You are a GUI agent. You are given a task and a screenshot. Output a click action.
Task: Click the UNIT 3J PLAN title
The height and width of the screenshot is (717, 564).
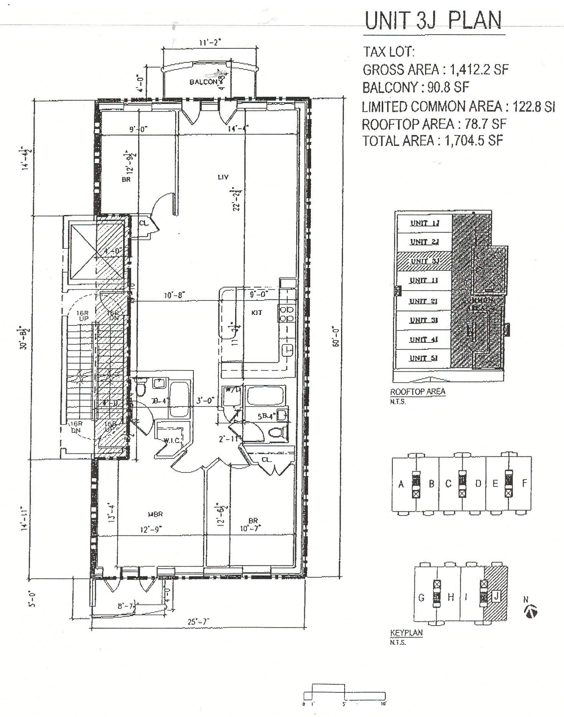tap(433, 21)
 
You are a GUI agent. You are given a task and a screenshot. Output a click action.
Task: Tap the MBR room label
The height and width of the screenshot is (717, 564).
tap(155, 514)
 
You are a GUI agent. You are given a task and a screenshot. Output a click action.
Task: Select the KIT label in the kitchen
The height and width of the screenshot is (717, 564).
tap(256, 313)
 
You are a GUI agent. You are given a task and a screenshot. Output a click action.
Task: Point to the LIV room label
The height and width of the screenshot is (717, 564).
tap(223, 177)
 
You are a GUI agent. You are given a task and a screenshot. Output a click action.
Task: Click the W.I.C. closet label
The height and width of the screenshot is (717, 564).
tap(172, 440)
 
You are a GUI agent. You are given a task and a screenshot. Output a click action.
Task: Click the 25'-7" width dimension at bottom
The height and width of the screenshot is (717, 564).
tap(198, 621)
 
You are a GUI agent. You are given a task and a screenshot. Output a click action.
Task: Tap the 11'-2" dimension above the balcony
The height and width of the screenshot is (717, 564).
tap(210, 43)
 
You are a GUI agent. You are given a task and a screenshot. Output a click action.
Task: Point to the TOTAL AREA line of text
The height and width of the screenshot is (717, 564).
tap(432, 141)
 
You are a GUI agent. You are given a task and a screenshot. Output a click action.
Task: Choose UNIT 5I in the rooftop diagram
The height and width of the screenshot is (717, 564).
tap(423, 358)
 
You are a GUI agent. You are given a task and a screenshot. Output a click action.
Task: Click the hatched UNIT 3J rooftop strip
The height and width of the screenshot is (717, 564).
tap(424, 261)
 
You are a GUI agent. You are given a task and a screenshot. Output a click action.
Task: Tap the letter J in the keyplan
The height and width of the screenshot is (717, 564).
tap(496, 596)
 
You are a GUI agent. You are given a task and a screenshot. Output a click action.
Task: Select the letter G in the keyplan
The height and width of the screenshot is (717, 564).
tap(421, 598)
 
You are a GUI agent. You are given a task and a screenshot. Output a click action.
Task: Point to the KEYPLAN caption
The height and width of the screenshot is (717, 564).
tap(406, 633)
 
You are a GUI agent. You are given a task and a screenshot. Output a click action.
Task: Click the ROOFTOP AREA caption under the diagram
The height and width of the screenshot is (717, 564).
tap(417, 392)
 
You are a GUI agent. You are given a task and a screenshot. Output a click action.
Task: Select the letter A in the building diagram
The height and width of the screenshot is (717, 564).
tap(401, 484)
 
